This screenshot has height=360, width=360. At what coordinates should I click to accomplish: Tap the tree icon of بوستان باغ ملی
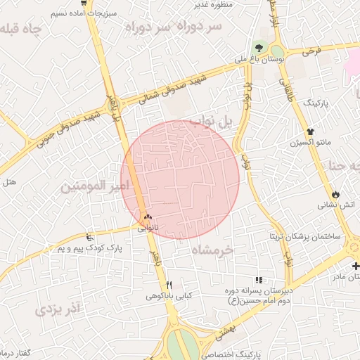tap(259, 48)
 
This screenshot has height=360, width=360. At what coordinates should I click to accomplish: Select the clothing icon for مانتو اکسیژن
tap(309, 131)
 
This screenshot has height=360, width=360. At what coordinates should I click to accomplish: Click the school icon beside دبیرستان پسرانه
tap(259, 280)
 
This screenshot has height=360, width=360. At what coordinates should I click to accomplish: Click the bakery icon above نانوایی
tap(148, 217)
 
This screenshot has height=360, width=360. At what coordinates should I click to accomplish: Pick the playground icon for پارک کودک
tap(89, 237)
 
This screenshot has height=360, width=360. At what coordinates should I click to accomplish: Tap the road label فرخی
tap(311, 51)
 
